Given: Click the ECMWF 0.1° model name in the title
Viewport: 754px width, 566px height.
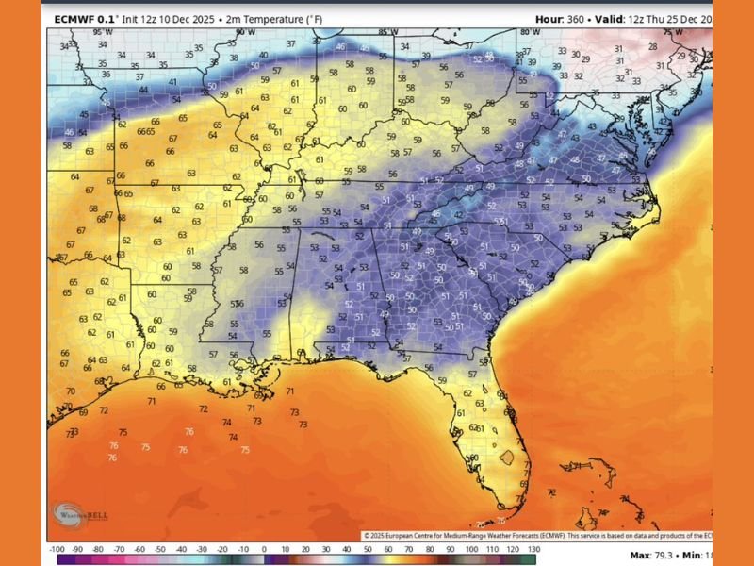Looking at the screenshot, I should [83, 19].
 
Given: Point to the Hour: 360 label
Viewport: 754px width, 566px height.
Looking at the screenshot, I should [563, 19].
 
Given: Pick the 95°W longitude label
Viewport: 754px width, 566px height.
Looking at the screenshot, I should [102, 32].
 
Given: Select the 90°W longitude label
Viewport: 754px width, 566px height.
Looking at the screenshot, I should [246, 32].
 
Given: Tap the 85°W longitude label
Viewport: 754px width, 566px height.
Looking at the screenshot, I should [386, 32].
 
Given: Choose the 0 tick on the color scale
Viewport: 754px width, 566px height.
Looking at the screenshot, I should [264, 548].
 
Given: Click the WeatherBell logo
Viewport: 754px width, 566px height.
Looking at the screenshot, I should [72, 514].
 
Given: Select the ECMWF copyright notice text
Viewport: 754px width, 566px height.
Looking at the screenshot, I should [537, 535].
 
